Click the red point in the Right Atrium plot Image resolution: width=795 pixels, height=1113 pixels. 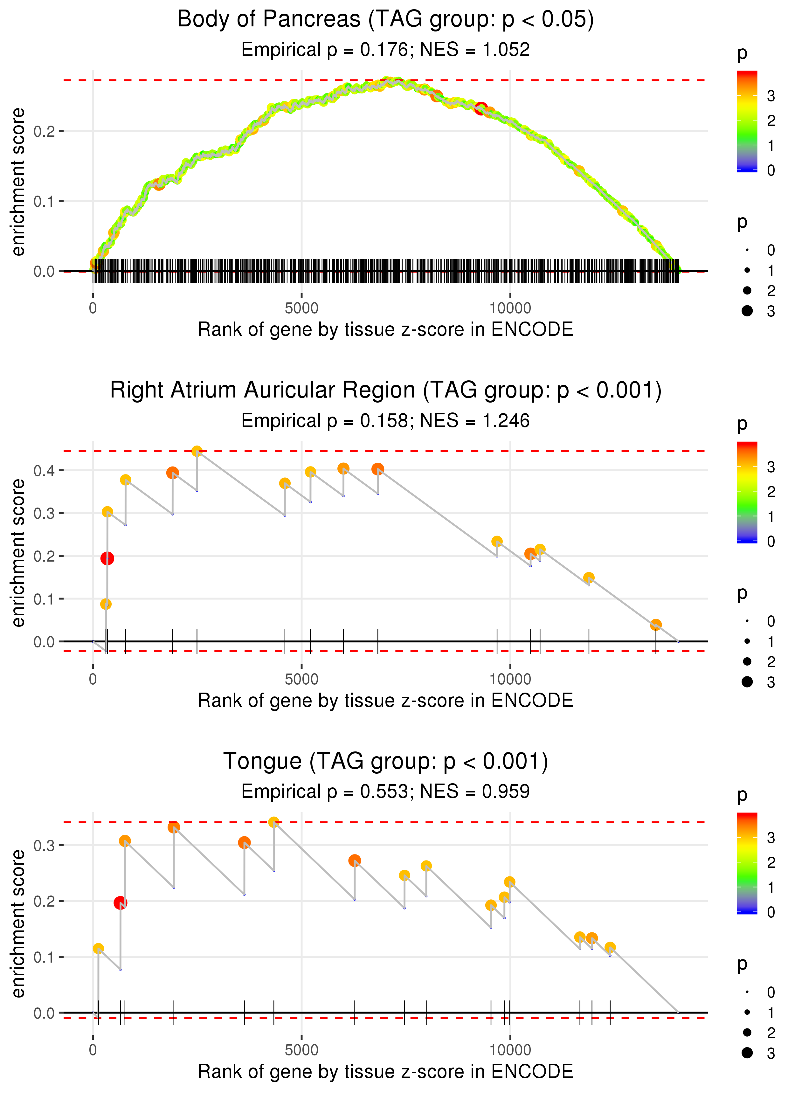tap(107, 558)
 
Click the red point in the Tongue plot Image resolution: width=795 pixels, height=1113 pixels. tap(120, 902)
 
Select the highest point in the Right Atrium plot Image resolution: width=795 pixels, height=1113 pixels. tap(197, 451)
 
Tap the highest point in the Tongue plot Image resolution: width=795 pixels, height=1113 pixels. tap(274, 822)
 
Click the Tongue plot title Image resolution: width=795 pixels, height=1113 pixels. tap(385, 761)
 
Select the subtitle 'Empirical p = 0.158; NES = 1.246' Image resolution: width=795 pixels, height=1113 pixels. tap(385, 421)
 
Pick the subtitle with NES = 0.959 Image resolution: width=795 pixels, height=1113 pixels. tap(385, 792)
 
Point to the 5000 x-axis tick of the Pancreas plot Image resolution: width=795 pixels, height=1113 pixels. tap(301, 308)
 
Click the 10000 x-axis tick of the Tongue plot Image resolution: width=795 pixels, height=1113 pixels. tap(510, 1050)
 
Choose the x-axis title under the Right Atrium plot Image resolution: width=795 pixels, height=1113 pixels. tap(385, 701)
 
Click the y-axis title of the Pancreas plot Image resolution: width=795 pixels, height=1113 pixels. tap(18, 182)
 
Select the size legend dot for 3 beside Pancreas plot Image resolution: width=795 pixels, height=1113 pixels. tap(747, 311)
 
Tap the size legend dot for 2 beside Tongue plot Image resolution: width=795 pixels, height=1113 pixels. tap(747, 1032)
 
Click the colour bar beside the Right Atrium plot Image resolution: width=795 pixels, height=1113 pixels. tap(747, 492)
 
